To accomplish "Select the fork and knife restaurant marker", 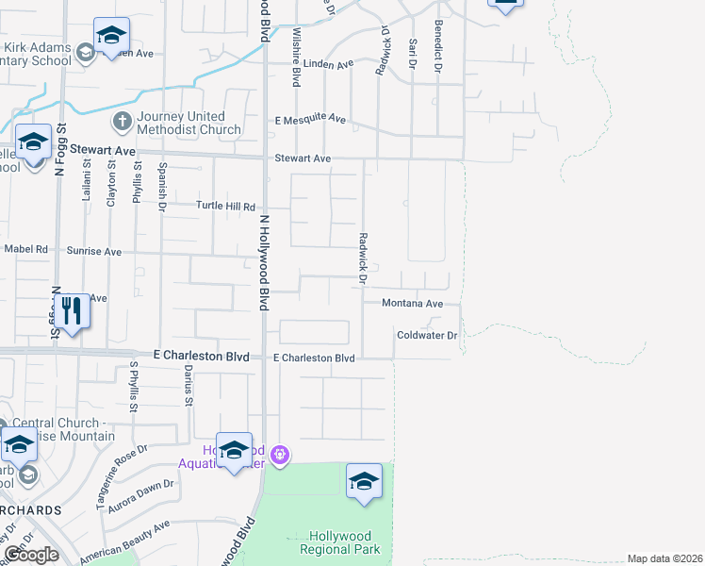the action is click(72, 311).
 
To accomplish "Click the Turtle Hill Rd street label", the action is click(225, 206).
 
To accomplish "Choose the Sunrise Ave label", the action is click(94, 252).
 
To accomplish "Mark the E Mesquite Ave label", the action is click(310, 120).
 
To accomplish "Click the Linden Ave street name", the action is click(329, 64).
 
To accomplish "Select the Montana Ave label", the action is click(412, 304).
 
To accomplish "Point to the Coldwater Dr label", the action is click(426, 335).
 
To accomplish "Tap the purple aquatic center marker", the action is click(279, 456).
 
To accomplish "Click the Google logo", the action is click(31, 555).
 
